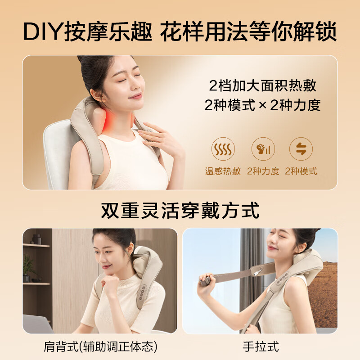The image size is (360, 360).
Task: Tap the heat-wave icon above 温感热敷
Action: pyautogui.click(x=223, y=149)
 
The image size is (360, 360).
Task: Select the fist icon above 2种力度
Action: pyautogui.click(x=263, y=149)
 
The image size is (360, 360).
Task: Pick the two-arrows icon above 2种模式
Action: pyautogui.click(x=301, y=149)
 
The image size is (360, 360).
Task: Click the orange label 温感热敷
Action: pyautogui.click(x=223, y=171)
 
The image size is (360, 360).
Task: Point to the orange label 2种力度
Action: pyautogui.click(x=263, y=171)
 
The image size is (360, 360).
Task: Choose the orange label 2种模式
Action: pyautogui.click(x=301, y=171)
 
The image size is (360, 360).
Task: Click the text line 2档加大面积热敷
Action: pyautogui.click(x=263, y=85)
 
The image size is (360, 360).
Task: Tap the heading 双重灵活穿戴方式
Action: pyautogui.click(x=180, y=210)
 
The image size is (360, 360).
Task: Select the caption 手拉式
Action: pyautogui.click(x=261, y=346)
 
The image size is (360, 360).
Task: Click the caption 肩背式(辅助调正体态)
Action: pyautogui.click(x=100, y=346)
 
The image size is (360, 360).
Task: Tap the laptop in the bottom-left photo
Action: pyautogui.click(x=37, y=324)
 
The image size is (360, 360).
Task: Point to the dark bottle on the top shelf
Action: pyautogui.click(x=36, y=239)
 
